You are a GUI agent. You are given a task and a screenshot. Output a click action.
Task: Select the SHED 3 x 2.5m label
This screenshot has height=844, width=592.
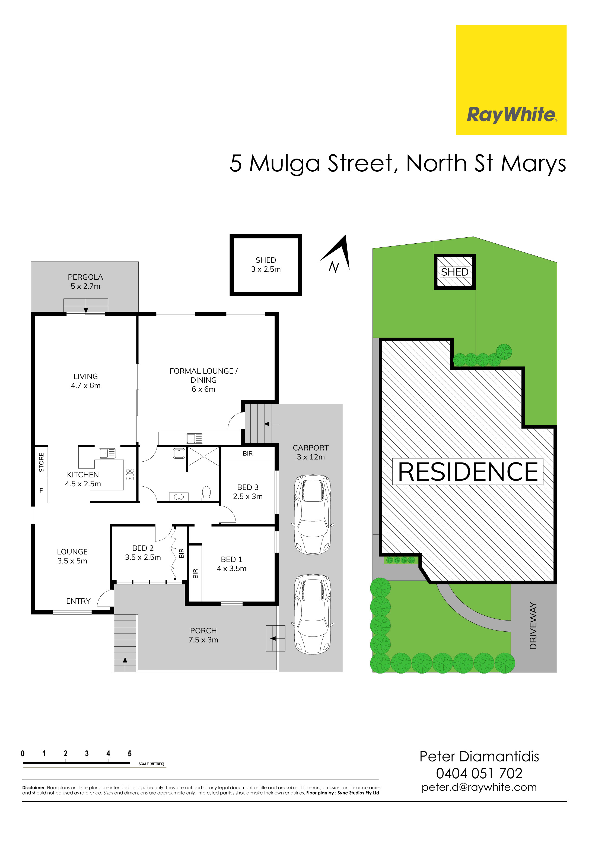tap(266, 265)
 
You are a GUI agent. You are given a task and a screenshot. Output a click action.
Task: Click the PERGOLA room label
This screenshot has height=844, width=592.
tap(85, 282)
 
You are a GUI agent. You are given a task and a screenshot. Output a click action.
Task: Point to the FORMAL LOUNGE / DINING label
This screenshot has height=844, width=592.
tap(203, 380)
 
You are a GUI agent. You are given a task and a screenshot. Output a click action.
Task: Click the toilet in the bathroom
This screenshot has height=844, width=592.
tap(206, 493)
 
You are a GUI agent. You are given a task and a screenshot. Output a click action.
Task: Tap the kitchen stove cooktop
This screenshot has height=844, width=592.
tap(130, 475)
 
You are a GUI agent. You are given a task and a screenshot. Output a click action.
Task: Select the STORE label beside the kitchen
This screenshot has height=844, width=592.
tap(41, 462)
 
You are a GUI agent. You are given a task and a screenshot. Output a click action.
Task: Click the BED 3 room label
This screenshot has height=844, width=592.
tap(248, 492)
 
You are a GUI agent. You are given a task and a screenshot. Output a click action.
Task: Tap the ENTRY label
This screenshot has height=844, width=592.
tap(78, 601)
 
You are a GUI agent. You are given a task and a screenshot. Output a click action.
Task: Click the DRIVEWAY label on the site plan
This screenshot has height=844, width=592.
tap(533, 626)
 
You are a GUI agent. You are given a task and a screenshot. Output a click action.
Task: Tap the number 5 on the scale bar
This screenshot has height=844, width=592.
tap(130, 753)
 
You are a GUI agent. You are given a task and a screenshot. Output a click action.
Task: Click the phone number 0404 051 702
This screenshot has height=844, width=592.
tap(479, 773)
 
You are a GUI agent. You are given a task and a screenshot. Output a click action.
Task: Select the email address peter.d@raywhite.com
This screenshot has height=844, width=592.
tap(479, 788)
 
